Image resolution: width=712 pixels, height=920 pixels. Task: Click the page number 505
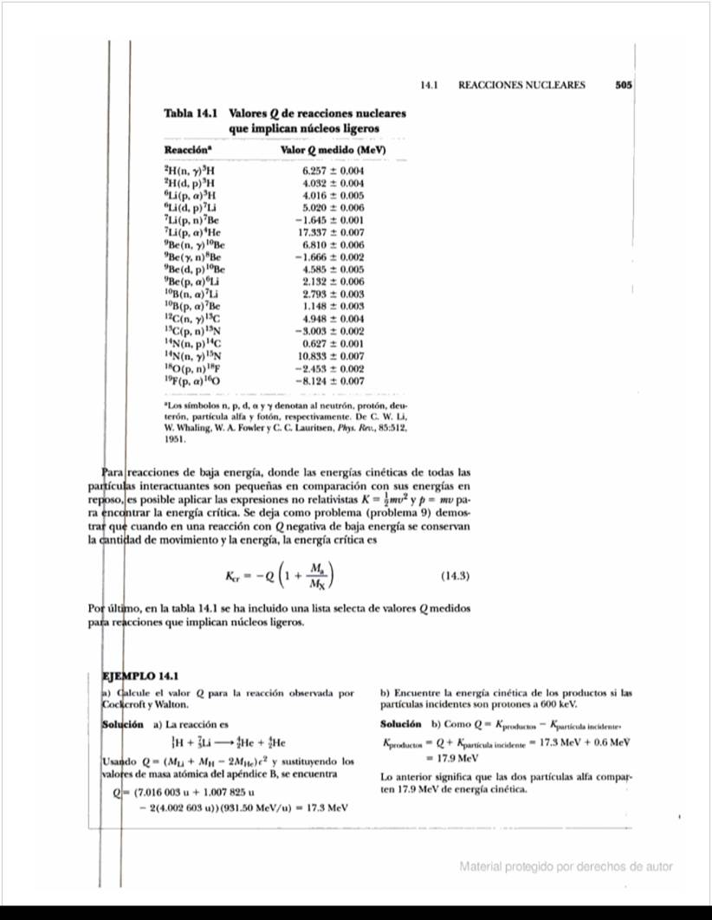tap(623, 86)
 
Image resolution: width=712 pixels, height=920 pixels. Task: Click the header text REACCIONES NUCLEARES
tap(521, 86)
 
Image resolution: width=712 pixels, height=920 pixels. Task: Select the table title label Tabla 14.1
tap(189, 113)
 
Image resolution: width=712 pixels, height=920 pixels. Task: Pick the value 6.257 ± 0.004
tap(333, 172)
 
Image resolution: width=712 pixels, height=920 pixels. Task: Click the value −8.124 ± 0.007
tap(331, 380)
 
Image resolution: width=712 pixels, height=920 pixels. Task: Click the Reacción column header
tap(178, 152)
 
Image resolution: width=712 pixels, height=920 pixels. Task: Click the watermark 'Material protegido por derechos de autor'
tap(566, 866)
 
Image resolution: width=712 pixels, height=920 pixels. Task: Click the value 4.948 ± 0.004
tap(333, 319)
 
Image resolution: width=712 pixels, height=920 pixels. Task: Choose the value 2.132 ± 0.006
tap(333, 282)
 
